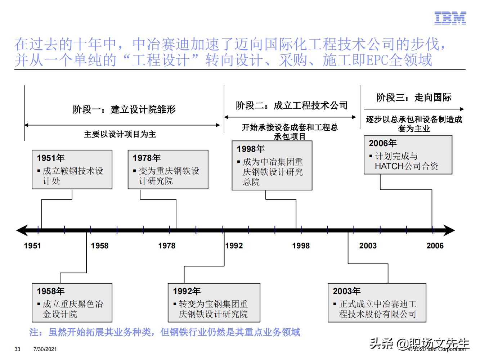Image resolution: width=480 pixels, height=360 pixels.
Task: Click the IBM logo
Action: pos(450,18)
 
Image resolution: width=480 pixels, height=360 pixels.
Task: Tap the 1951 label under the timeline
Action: pos(32,246)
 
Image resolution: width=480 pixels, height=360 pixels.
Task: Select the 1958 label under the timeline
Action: pos(100,246)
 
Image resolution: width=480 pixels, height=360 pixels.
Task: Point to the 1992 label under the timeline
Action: pos(234,246)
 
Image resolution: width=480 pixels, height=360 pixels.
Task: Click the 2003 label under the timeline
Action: pos(368,246)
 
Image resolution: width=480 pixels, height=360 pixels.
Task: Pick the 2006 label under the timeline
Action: pos(435,246)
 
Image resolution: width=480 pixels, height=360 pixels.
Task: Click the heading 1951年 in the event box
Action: pos(51,158)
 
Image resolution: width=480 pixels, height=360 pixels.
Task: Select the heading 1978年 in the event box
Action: pos(147,158)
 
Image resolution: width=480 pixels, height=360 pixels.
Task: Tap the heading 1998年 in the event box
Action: pos(251,149)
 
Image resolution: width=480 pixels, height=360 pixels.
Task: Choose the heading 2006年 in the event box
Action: pos(383,143)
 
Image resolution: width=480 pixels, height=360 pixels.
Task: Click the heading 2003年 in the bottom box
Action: pos(346,291)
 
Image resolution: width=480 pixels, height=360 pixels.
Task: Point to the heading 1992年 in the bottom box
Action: pos(187,291)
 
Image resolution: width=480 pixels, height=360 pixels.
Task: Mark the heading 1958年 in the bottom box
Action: pos(51,291)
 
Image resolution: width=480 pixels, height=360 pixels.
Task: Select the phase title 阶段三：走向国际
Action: pos(414,98)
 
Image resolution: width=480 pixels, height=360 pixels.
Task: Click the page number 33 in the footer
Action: pos(17,349)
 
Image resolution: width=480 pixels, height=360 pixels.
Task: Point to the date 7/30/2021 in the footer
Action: pos(45,349)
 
